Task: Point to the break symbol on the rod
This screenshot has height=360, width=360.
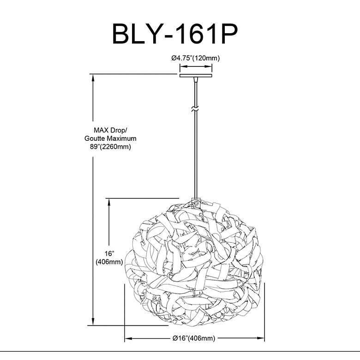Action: pos(196,109)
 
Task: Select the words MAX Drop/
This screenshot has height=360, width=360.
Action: pos(110,131)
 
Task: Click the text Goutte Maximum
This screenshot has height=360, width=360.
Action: pos(111,138)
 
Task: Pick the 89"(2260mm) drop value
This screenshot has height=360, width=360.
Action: pos(111,147)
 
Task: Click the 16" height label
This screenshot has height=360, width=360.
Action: pos(109,254)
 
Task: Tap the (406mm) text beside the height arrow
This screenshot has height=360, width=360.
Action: pos(109,262)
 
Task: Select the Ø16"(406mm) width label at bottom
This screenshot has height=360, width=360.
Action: pos(193,338)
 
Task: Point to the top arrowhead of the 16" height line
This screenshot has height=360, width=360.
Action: pos(109,202)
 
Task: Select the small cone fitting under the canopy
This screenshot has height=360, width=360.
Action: pos(196,81)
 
